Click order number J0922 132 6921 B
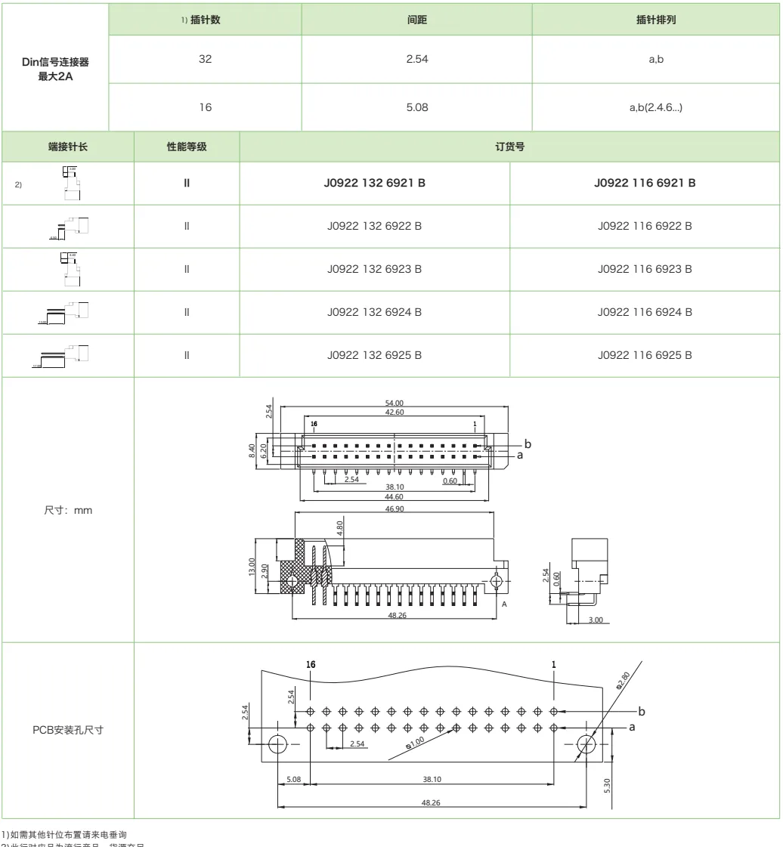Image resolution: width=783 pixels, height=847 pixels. pyautogui.click(x=375, y=182)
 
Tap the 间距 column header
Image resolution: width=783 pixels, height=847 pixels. pyautogui.click(x=417, y=19)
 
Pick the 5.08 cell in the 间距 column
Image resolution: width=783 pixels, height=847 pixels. pyautogui.click(x=417, y=107)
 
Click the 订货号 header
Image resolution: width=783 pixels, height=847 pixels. pyautogui.click(x=510, y=147)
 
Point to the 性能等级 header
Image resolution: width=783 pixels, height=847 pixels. pyautogui.click(x=187, y=147)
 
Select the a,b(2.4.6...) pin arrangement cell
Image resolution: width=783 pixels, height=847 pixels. pyautogui.click(x=656, y=107)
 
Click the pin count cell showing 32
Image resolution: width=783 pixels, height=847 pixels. pyautogui.click(x=205, y=60)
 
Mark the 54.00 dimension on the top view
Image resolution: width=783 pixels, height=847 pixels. pyautogui.click(x=390, y=403)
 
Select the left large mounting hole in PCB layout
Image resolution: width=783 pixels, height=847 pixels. pyautogui.click(x=277, y=743)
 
